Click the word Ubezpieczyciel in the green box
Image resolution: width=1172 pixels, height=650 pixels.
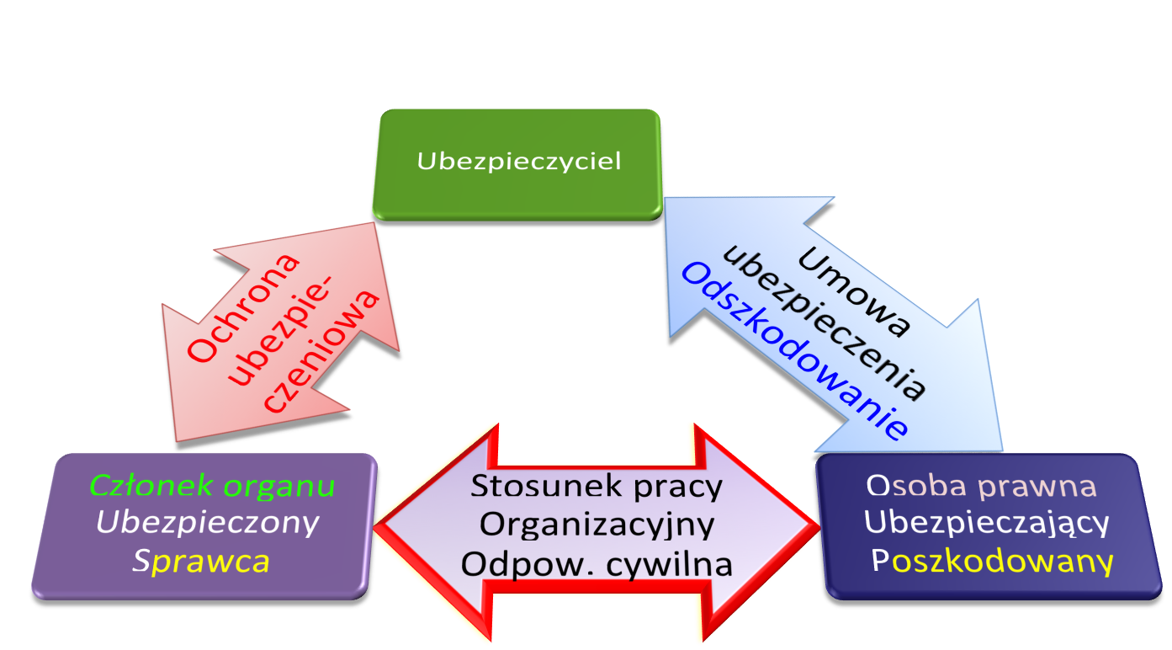518,161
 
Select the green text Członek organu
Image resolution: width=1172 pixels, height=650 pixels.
212,486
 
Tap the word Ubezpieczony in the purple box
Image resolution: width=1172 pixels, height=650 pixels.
207,523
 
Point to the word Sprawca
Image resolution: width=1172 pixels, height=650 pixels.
201,561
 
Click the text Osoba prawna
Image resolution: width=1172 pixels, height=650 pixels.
982,486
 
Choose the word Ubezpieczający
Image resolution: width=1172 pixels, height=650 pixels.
987,523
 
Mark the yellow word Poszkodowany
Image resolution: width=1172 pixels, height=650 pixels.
993,561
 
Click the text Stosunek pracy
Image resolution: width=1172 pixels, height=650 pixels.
597,486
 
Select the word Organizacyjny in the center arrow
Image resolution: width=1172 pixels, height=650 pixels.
597,524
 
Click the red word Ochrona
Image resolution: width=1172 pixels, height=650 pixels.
245,308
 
